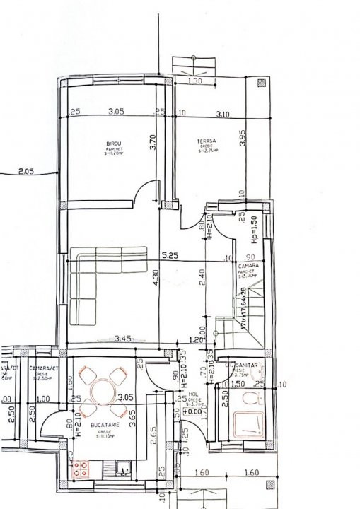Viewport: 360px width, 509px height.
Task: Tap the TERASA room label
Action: [207, 141]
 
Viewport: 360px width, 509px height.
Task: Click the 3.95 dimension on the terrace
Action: [242, 138]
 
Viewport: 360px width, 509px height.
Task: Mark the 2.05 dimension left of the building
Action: [26, 170]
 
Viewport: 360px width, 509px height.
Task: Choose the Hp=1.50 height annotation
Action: [252, 230]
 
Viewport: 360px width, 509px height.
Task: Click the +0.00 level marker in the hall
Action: [191, 411]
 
